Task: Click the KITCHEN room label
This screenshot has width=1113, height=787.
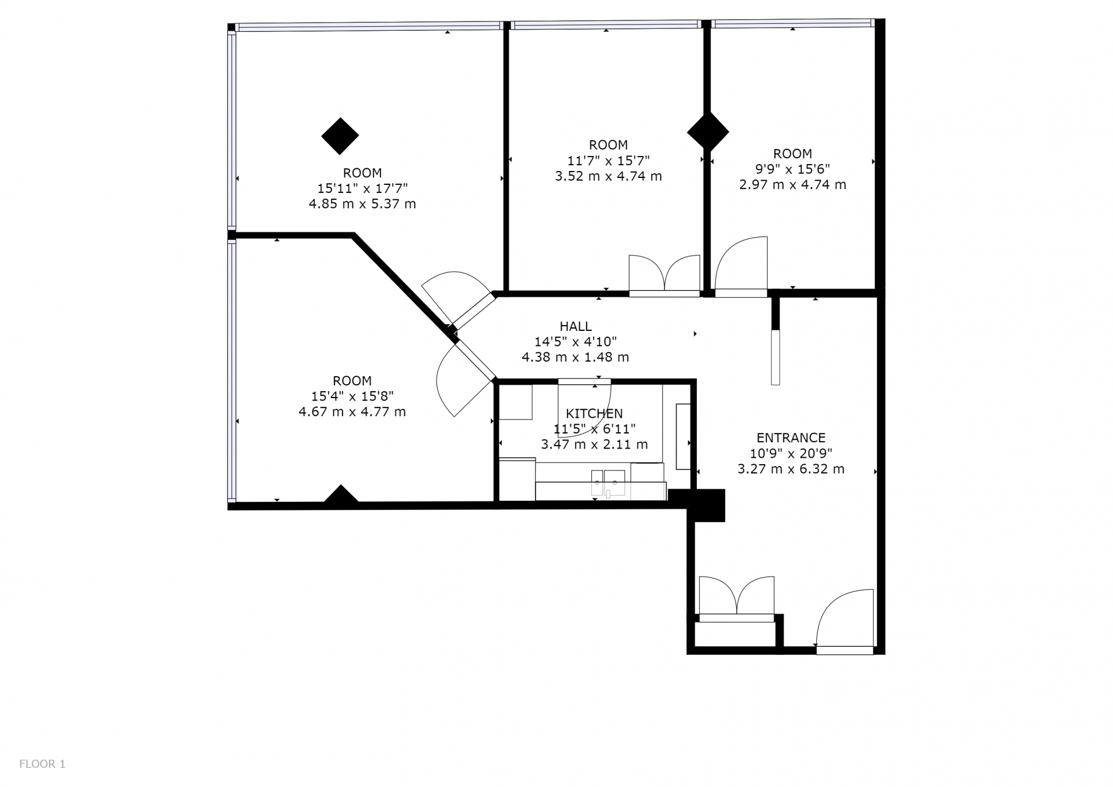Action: coord(594,414)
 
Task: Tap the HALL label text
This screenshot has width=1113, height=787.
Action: coord(576,326)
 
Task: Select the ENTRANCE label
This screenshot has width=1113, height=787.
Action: coord(791,438)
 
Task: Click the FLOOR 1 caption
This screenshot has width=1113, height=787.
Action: coord(42,764)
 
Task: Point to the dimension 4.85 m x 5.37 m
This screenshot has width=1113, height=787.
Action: coord(362,204)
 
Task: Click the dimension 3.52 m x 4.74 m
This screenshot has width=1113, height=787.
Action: coord(608,176)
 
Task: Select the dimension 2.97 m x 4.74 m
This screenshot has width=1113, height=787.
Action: coord(792,185)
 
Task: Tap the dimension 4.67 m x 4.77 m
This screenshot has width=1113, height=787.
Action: coord(352,412)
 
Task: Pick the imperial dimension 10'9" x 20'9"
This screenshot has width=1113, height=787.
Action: coord(791,454)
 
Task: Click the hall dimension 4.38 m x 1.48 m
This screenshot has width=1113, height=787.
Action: coord(575,358)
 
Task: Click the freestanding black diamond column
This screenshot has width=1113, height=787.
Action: coord(340,136)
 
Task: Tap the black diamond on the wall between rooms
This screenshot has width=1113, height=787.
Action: coord(708,132)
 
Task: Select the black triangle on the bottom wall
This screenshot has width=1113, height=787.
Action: coord(341,494)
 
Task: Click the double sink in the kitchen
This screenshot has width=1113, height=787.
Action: coord(608,483)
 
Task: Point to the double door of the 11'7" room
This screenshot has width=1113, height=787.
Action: coord(664,276)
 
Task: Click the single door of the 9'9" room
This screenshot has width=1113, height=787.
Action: coord(741,267)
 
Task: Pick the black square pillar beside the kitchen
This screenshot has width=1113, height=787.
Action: coord(706,505)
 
